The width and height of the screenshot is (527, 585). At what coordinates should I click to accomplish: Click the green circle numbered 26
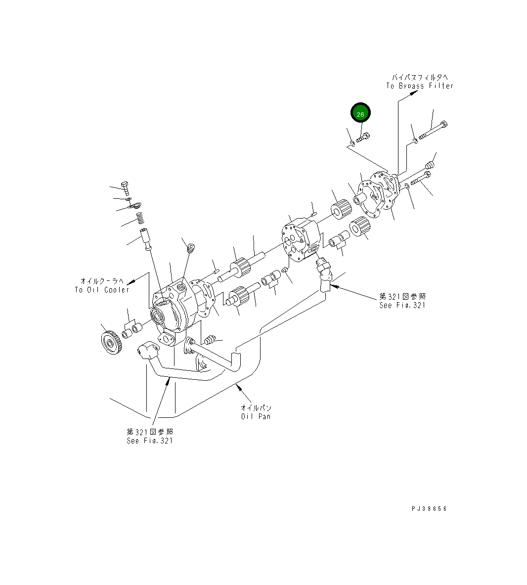point(360,114)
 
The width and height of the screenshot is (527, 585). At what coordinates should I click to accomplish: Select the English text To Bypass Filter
point(419,86)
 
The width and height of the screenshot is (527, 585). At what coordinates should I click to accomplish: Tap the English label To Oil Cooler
point(102,290)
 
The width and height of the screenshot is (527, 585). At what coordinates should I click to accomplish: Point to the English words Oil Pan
point(256,416)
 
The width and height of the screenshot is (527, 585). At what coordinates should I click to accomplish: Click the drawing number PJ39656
point(428,508)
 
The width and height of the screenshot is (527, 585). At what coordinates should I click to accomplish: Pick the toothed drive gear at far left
point(109,343)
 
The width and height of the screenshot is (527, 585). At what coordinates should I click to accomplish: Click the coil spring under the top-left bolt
point(140,218)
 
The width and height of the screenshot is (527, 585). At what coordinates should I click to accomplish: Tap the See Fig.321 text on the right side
point(402,305)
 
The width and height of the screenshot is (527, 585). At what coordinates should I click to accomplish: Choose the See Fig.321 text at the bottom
point(150,441)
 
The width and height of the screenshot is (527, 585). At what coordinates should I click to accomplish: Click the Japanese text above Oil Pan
point(256,408)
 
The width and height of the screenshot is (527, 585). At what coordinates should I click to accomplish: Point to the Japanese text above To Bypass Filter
point(420,78)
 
